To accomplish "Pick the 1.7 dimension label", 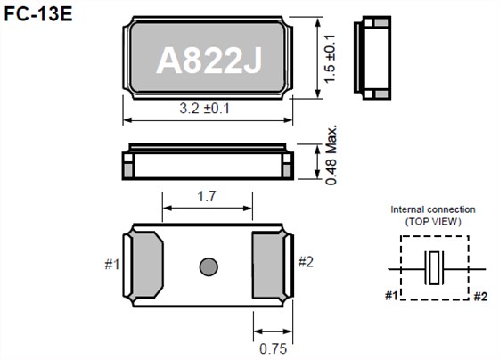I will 208,197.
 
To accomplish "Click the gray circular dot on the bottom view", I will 209,266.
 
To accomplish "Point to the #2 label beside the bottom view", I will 306,262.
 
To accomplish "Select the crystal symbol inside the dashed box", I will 431,267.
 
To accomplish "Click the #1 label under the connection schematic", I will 392,296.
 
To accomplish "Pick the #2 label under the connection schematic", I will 479,296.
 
